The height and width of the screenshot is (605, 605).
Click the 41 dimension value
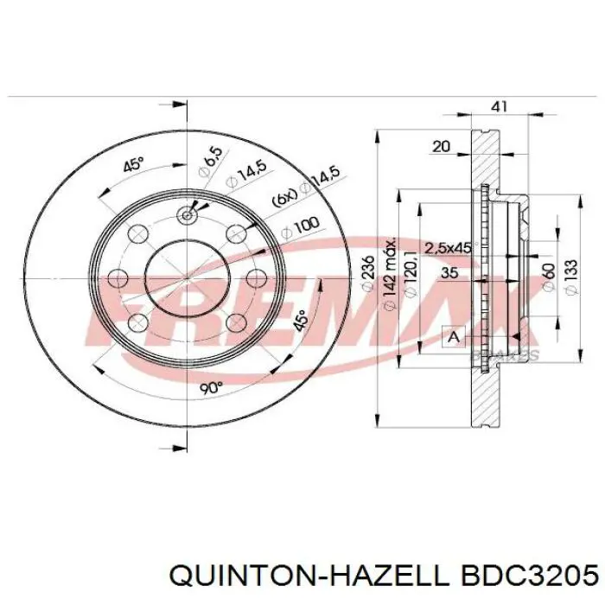pyautogui.click(x=499, y=106)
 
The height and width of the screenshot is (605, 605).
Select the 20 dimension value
pyautogui.click(x=441, y=147)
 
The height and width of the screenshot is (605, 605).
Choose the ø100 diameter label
pyautogui.click(x=300, y=226)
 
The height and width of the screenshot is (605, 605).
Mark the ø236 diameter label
pyautogui.click(x=368, y=274)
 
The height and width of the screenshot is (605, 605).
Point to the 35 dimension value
pyautogui.click(x=449, y=273)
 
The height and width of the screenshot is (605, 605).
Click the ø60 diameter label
pyautogui.click(x=548, y=277)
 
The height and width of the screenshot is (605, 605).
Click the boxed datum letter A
pyautogui.click(x=453, y=335)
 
